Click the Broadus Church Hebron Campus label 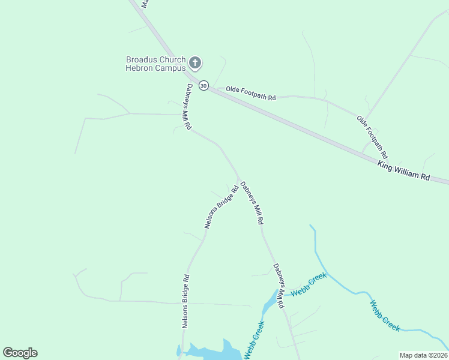(x=155, y=64)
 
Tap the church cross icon (x=194, y=62)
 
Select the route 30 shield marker (x=203, y=86)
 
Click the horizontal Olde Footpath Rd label (x=250, y=93)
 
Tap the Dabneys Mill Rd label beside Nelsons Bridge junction (x=252, y=203)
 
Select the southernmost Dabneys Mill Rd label (x=279, y=286)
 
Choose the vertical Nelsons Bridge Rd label (x=186, y=302)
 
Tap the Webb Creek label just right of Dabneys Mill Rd (x=309, y=284)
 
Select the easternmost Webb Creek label (x=385, y=316)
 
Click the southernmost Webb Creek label (x=254, y=340)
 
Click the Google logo (x=20, y=353)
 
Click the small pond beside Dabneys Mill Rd (x=270, y=302)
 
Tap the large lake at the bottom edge (x=207, y=353)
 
